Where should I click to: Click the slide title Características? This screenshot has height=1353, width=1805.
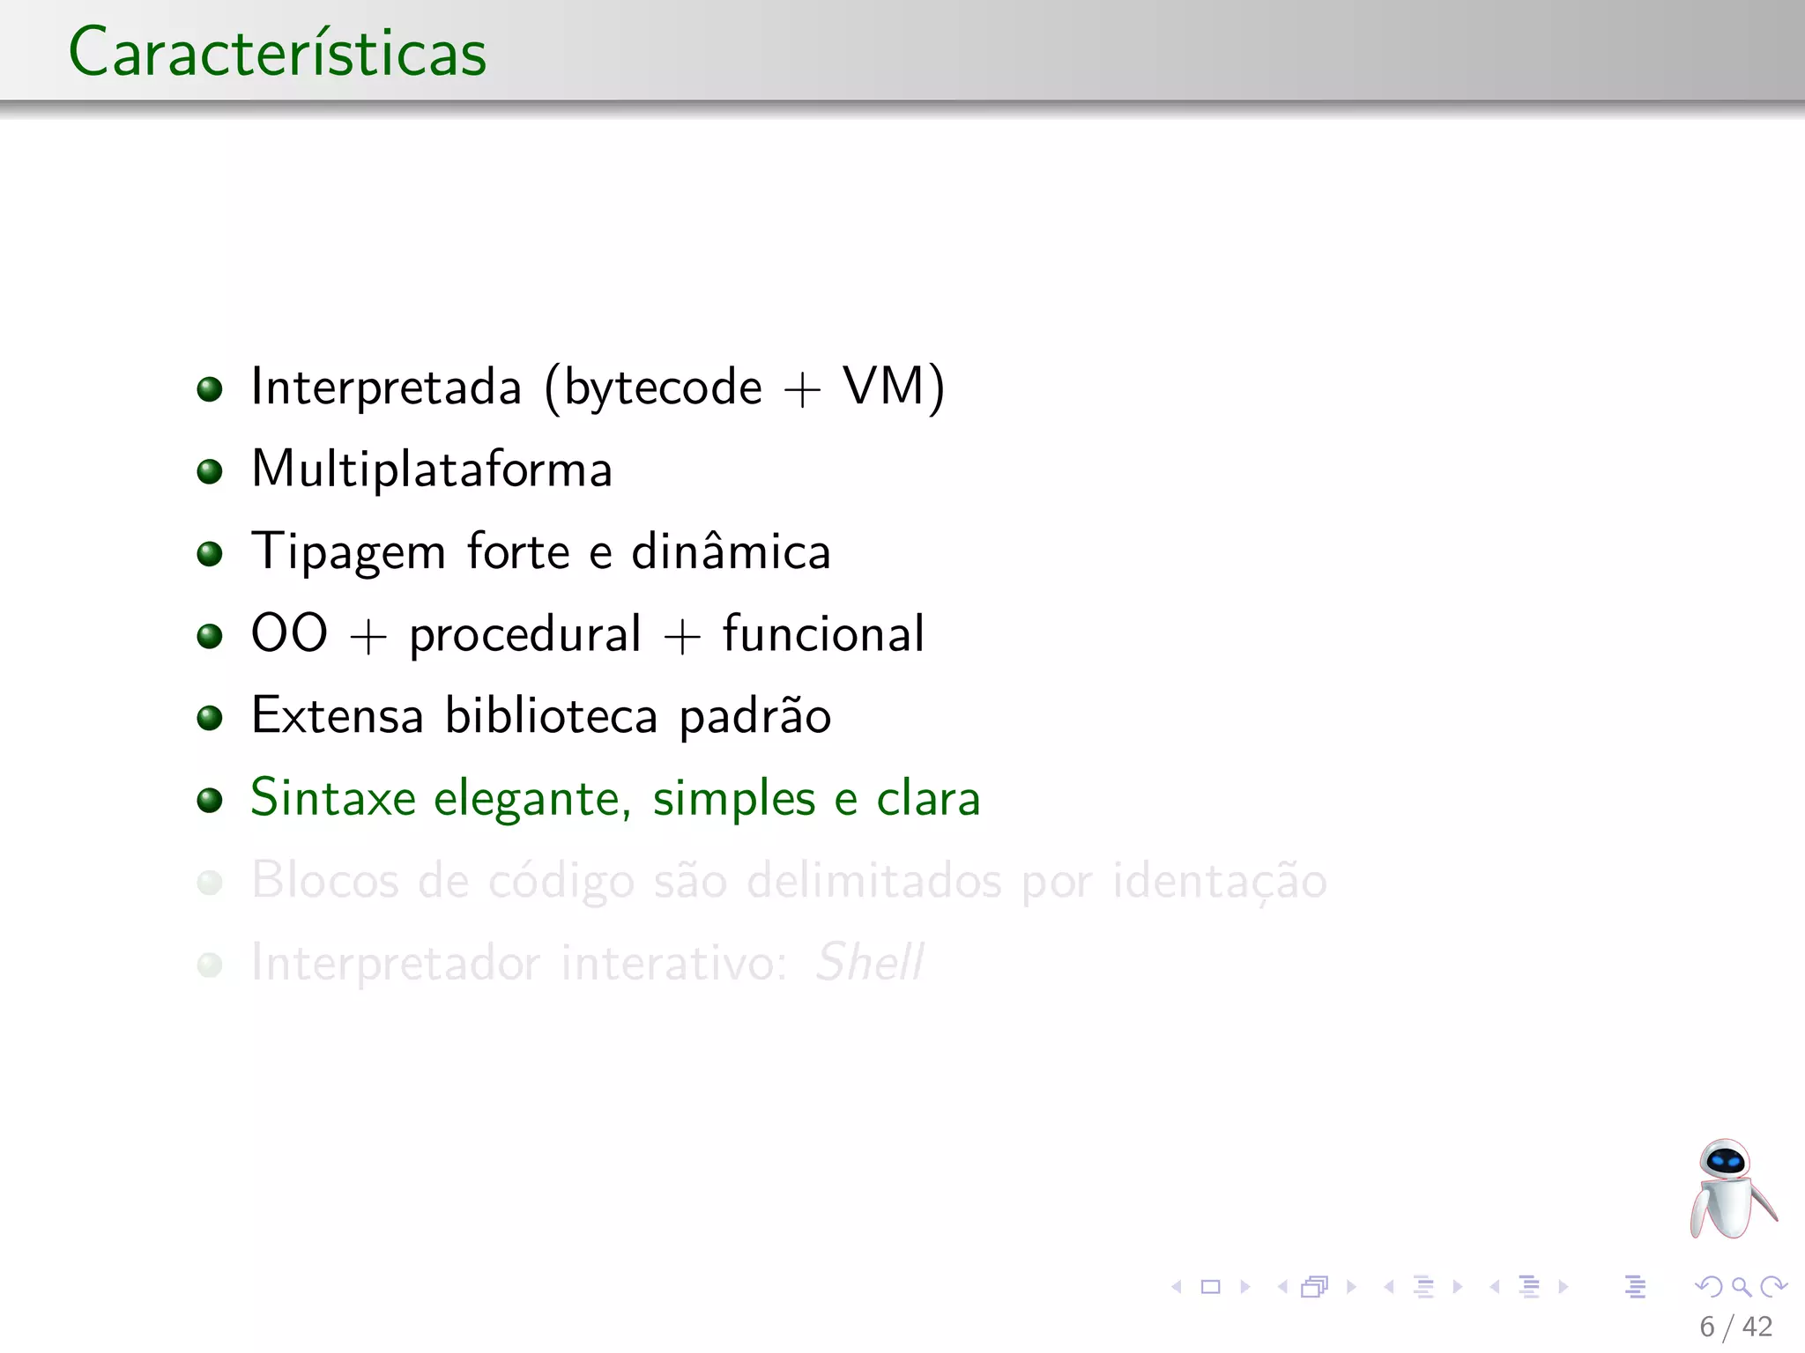278,53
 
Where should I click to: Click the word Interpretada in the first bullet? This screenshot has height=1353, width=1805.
386,388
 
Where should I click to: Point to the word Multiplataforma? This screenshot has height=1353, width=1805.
432,469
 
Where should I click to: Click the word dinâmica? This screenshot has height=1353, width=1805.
731,551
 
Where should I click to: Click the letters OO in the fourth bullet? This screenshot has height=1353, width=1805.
289,633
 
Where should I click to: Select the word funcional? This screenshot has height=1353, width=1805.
823,633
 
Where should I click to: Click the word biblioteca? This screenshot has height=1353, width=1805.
551,715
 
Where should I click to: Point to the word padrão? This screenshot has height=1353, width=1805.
754,716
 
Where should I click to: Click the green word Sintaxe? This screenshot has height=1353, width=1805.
333,798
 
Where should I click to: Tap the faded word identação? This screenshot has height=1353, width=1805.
1219,880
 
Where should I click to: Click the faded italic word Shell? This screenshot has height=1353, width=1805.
869,962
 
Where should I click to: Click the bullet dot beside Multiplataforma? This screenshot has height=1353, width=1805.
210,472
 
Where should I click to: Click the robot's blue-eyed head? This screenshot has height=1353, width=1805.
1724,1161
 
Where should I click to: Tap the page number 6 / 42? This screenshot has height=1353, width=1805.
1735,1327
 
